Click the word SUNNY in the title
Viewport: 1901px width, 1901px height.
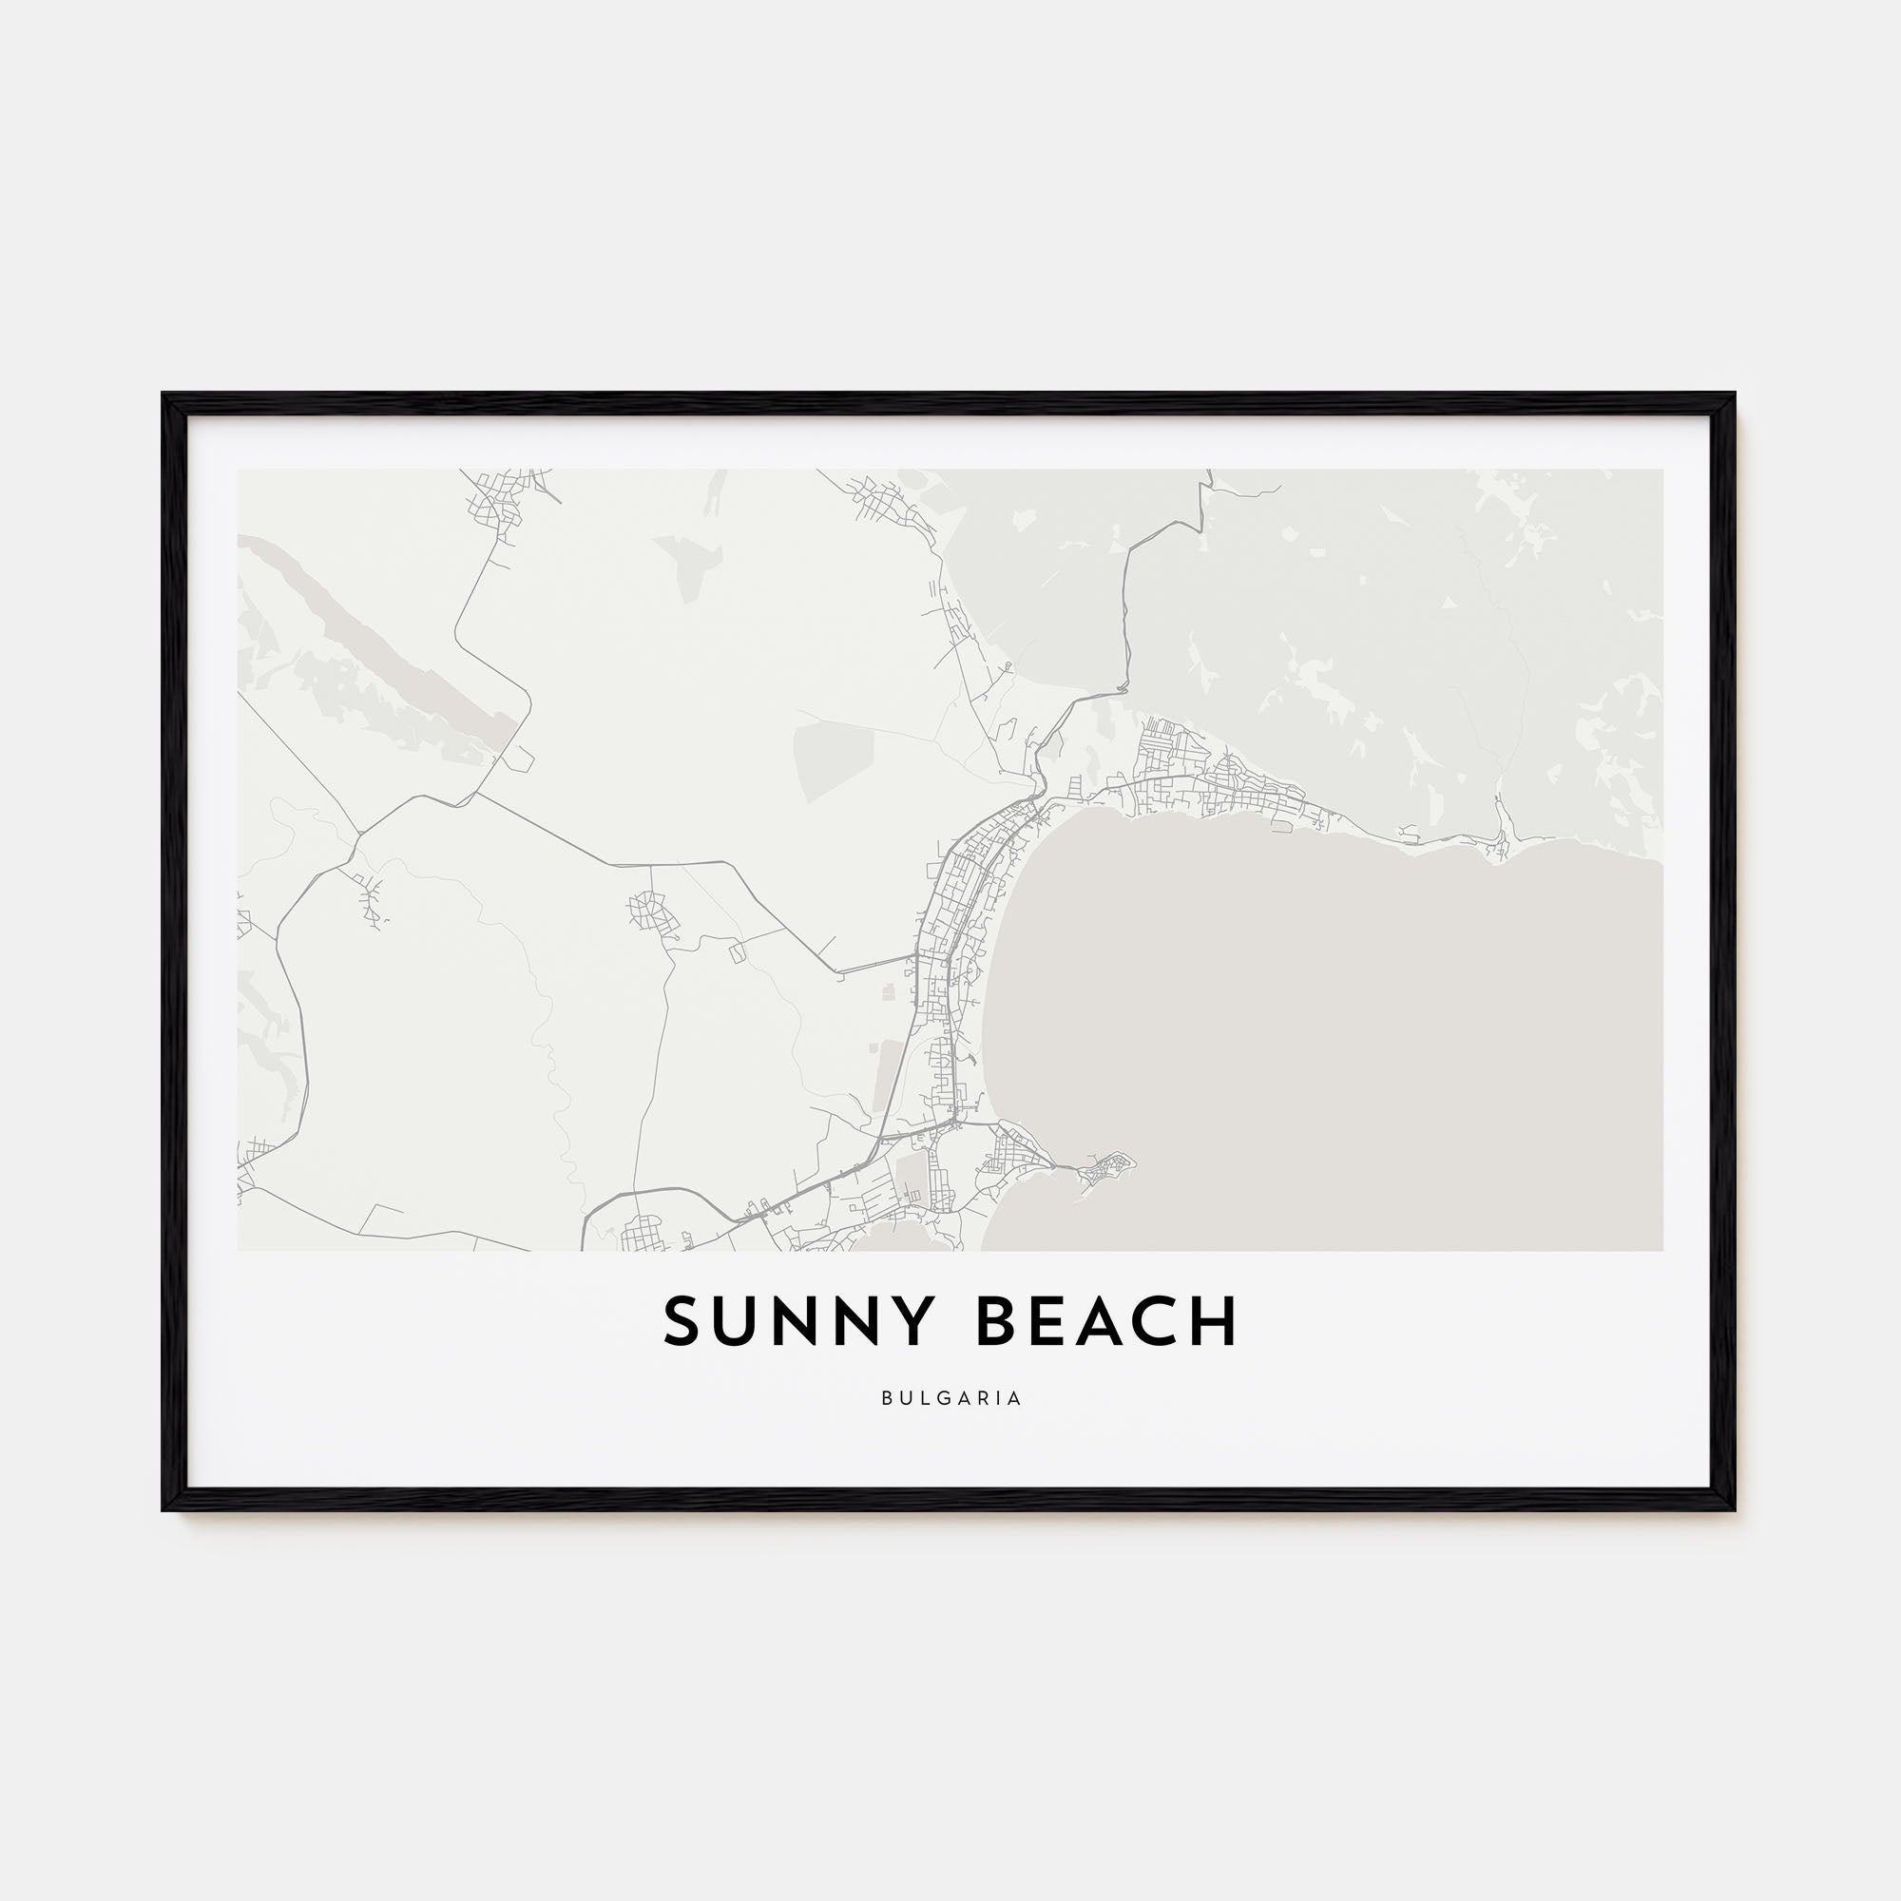pyautogui.click(x=796, y=1321)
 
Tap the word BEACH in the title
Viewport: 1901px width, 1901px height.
pyautogui.click(x=1106, y=1321)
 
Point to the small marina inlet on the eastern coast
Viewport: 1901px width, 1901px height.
pyautogui.click(x=1500, y=842)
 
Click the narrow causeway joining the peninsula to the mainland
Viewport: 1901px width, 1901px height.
pyautogui.click(x=1067, y=1168)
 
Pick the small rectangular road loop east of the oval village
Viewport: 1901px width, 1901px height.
pyautogui.click(x=736, y=951)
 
